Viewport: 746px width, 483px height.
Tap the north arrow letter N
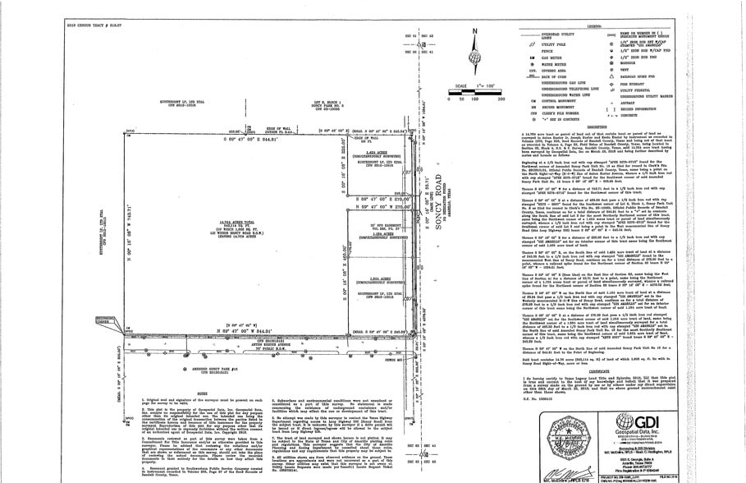point(475,32)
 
